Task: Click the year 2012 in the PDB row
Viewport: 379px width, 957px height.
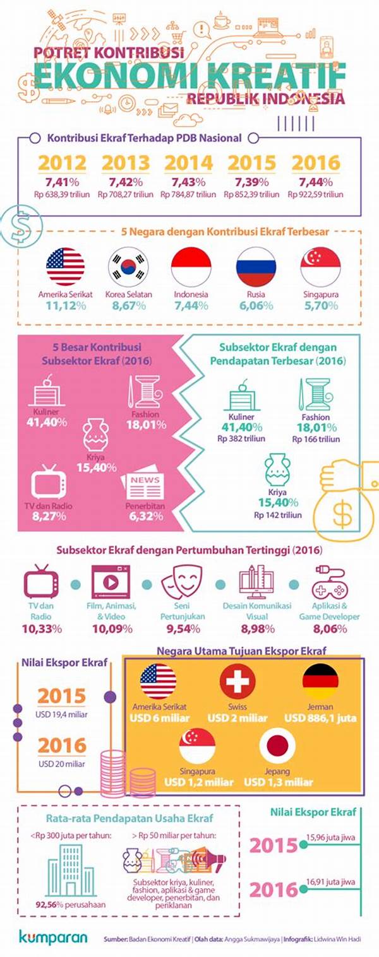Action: [x=62, y=163]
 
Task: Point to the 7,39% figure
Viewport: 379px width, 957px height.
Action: [x=251, y=182]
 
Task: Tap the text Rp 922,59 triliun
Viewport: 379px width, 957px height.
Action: [x=315, y=194]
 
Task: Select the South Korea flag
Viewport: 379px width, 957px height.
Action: [x=128, y=267]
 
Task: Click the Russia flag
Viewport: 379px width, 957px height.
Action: [x=255, y=267]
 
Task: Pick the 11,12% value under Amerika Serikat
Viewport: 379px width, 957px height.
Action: [x=65, y=306]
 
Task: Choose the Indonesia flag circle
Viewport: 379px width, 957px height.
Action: [x=191, y=267]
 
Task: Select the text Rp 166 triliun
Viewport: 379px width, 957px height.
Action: [x=316, y=438]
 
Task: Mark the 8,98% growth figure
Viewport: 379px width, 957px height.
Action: [x=256, y=628]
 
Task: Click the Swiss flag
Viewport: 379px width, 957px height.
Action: [x=238, y=683]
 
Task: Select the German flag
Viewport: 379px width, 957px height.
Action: [x=320, y=683]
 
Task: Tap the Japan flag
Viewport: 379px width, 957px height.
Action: [x=277, y=746]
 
